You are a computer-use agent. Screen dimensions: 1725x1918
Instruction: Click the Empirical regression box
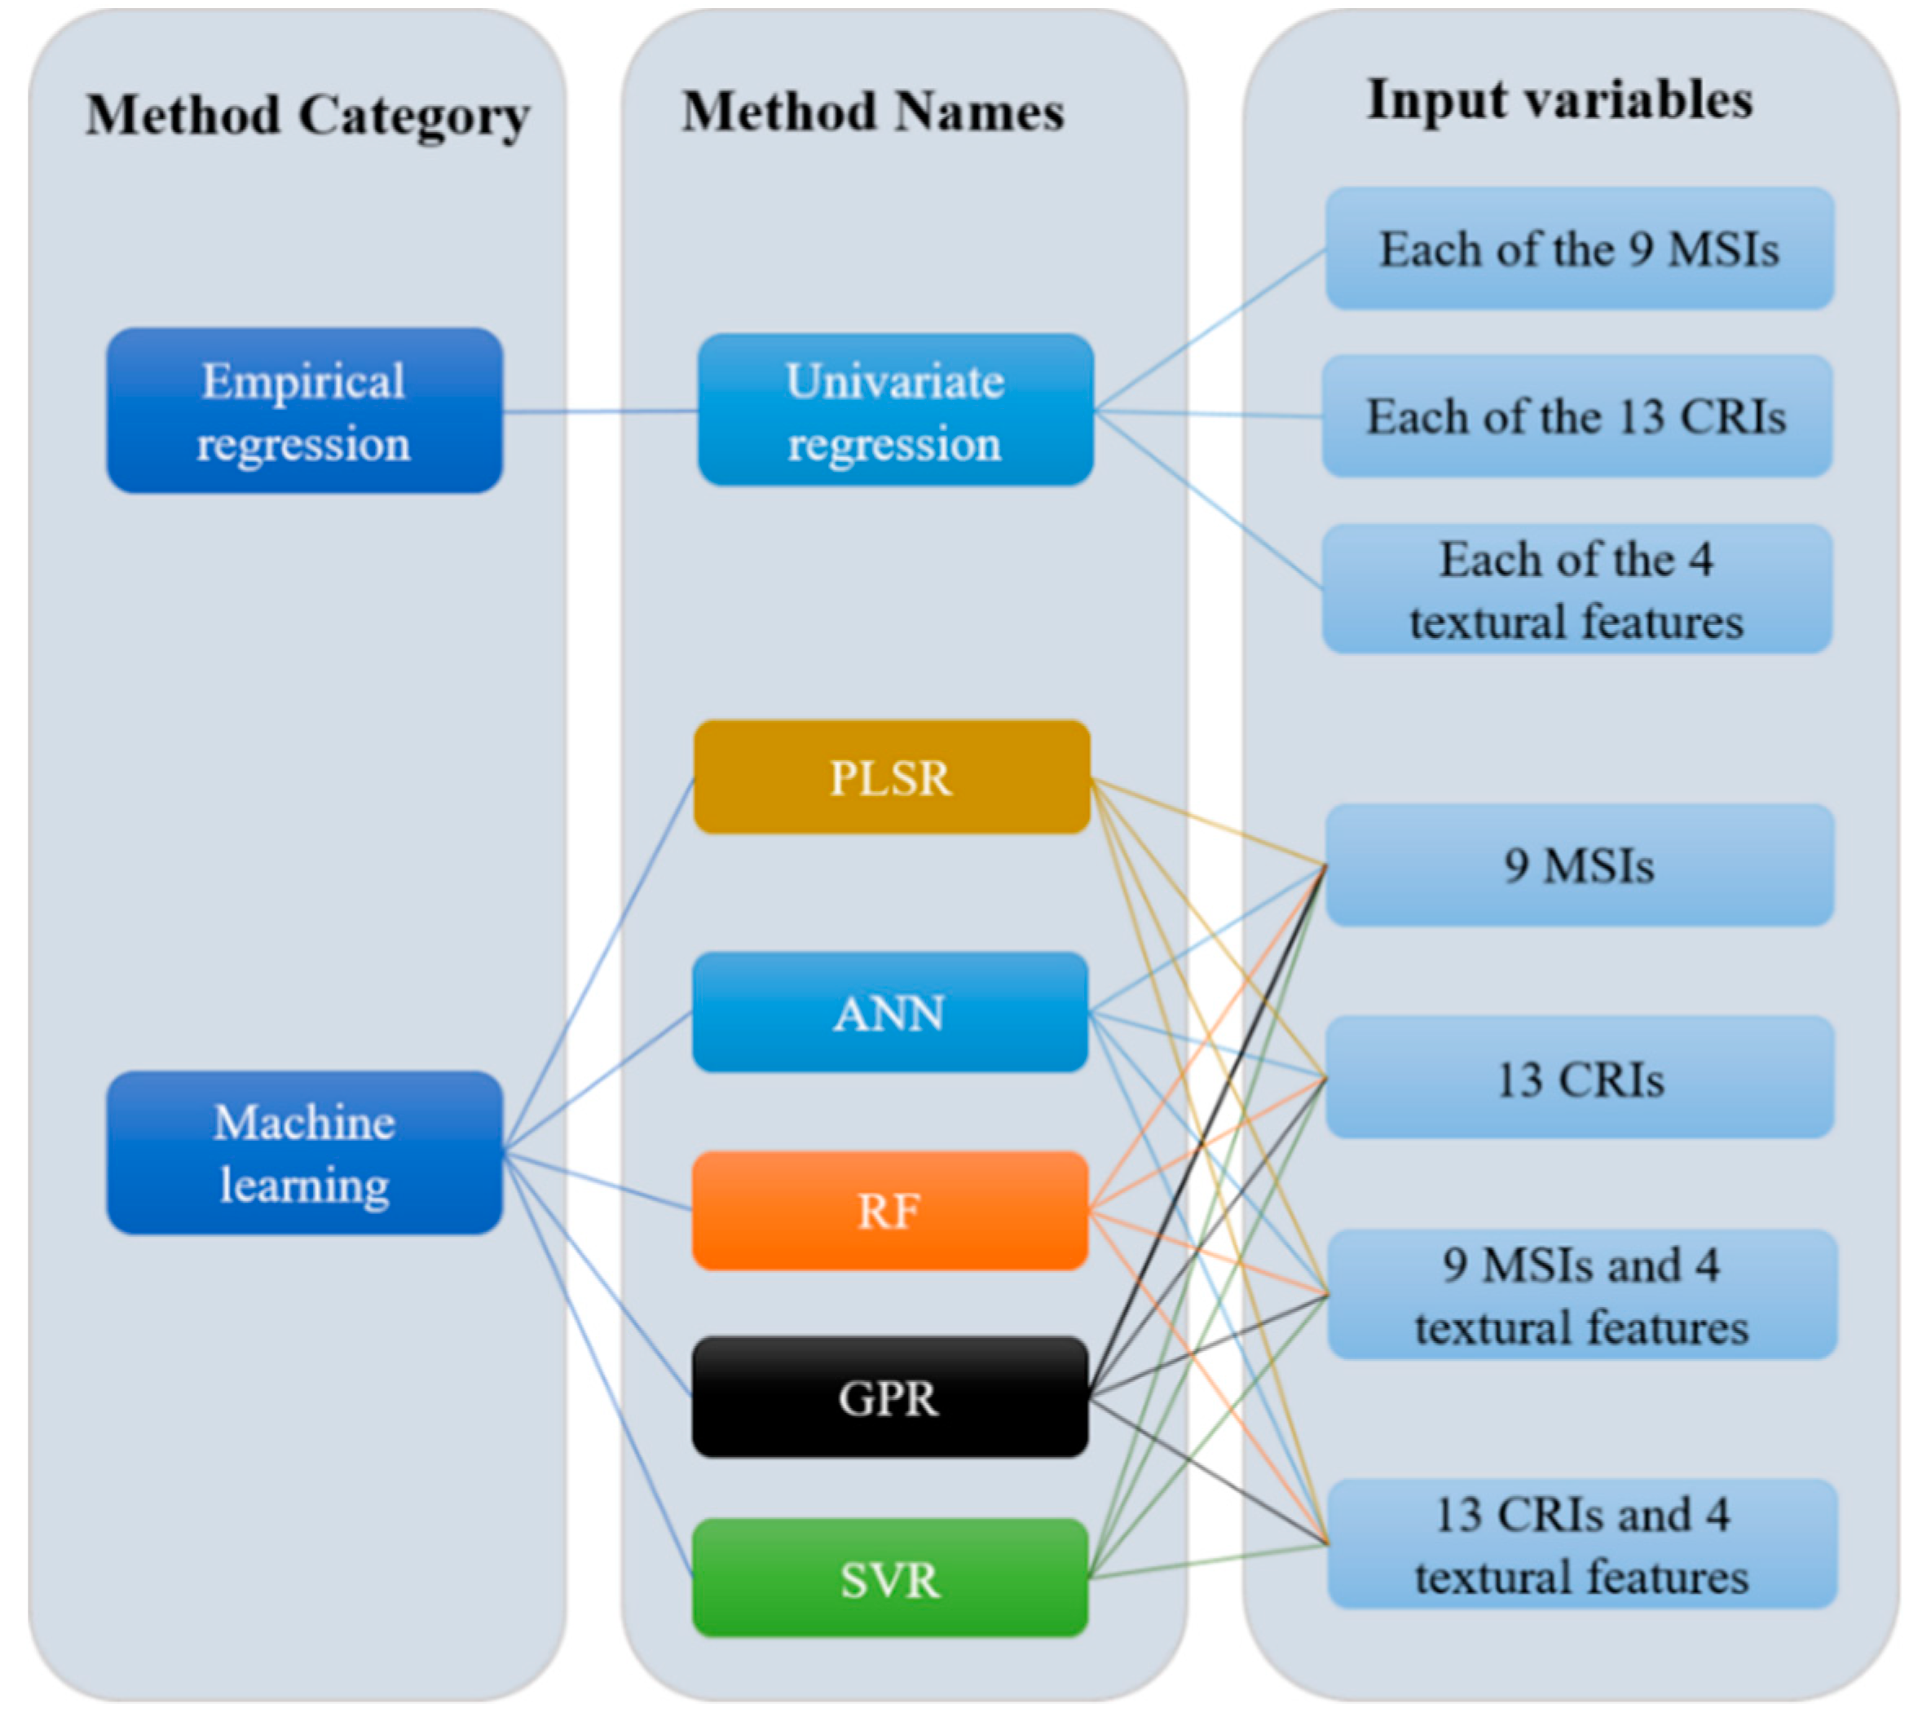pyautogui.click(x=303, y=411)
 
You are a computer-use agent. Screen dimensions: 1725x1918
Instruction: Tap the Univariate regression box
pyautogui.click(x=894, y=411)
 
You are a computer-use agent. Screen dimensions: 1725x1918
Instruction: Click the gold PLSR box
pyautogui.click(x=890, y=777)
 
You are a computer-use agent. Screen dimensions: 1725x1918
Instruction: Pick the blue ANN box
pyautogui.click(x=889, y=1011)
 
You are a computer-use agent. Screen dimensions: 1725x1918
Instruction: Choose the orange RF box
pyautogui.click(x=889, y=1210)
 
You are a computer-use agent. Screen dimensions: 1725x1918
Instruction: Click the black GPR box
pyautogui.click(x=889, y=1397)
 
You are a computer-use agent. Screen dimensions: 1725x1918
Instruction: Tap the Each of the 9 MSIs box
pyautogui.click(x=1579, y=249)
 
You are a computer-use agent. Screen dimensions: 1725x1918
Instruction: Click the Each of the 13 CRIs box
pyautogui.click(x=1576, y=416)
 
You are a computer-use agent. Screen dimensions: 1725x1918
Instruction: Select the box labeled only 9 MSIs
pyautogui.click(x=1579, y=865)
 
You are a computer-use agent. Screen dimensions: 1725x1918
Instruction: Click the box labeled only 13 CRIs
pyautogui.click(x=1579, y=1078)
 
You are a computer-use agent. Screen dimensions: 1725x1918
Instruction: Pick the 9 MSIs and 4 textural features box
pyautogui.click(x=1581, y=1295)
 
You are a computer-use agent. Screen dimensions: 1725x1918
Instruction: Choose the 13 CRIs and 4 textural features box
pyautogui.click(x=1581, y=1545)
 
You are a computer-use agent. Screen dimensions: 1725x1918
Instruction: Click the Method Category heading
pyautogui.click(x=307, y=116)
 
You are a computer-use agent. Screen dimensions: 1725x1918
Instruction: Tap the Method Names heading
pyautogui.click(x=872, y=112)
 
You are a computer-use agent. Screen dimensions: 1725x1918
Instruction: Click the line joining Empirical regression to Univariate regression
pyautogui.click(x=599, y=411)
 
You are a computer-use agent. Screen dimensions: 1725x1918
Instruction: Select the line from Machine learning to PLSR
pyautogui.click(x=599, y=963)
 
